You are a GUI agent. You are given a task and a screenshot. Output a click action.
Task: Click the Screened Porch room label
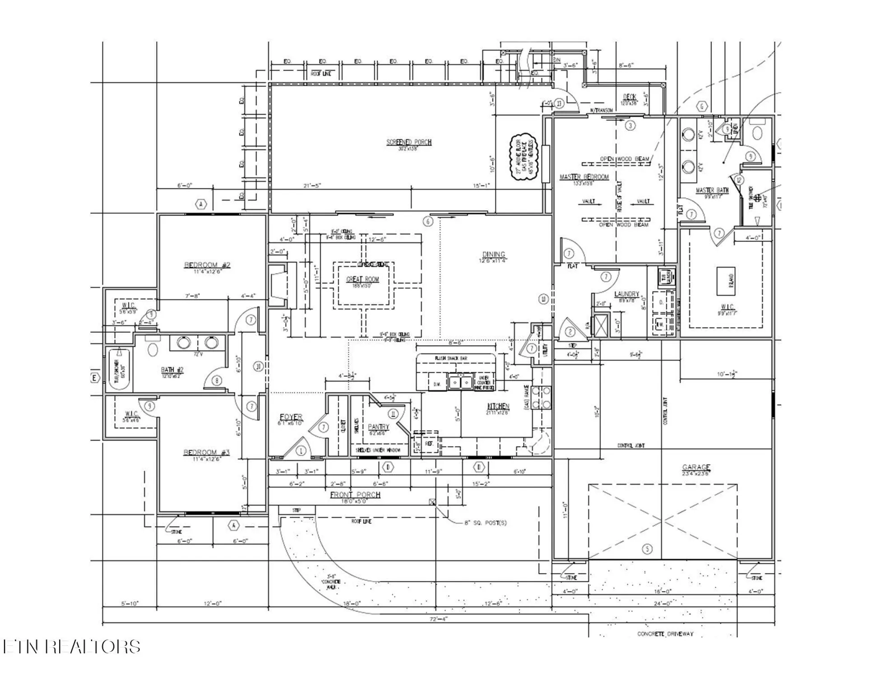408,142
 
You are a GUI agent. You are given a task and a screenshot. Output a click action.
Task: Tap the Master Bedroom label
584,177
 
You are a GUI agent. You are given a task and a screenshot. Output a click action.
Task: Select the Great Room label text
362,279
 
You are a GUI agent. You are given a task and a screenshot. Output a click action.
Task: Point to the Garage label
696,468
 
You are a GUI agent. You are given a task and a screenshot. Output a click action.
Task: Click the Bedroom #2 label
207,265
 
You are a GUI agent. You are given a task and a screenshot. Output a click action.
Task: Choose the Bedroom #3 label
206,453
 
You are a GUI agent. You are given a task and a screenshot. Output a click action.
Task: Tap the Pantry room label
378,427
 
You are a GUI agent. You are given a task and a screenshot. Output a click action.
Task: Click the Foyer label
291,417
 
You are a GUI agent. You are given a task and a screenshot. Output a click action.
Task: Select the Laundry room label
626,294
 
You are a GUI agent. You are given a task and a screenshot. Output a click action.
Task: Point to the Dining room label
493,255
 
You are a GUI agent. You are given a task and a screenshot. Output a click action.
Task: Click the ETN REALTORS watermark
71,646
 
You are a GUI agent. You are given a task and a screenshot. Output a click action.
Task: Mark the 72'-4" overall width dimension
438,619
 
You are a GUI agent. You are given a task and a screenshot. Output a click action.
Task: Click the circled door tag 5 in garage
647,549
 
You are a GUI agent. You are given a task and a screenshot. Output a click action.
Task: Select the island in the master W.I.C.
728,281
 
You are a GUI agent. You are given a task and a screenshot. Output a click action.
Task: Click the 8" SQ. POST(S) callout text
485,523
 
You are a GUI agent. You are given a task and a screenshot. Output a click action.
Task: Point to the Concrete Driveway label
665,634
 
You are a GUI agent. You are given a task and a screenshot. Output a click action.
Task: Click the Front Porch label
355,495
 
